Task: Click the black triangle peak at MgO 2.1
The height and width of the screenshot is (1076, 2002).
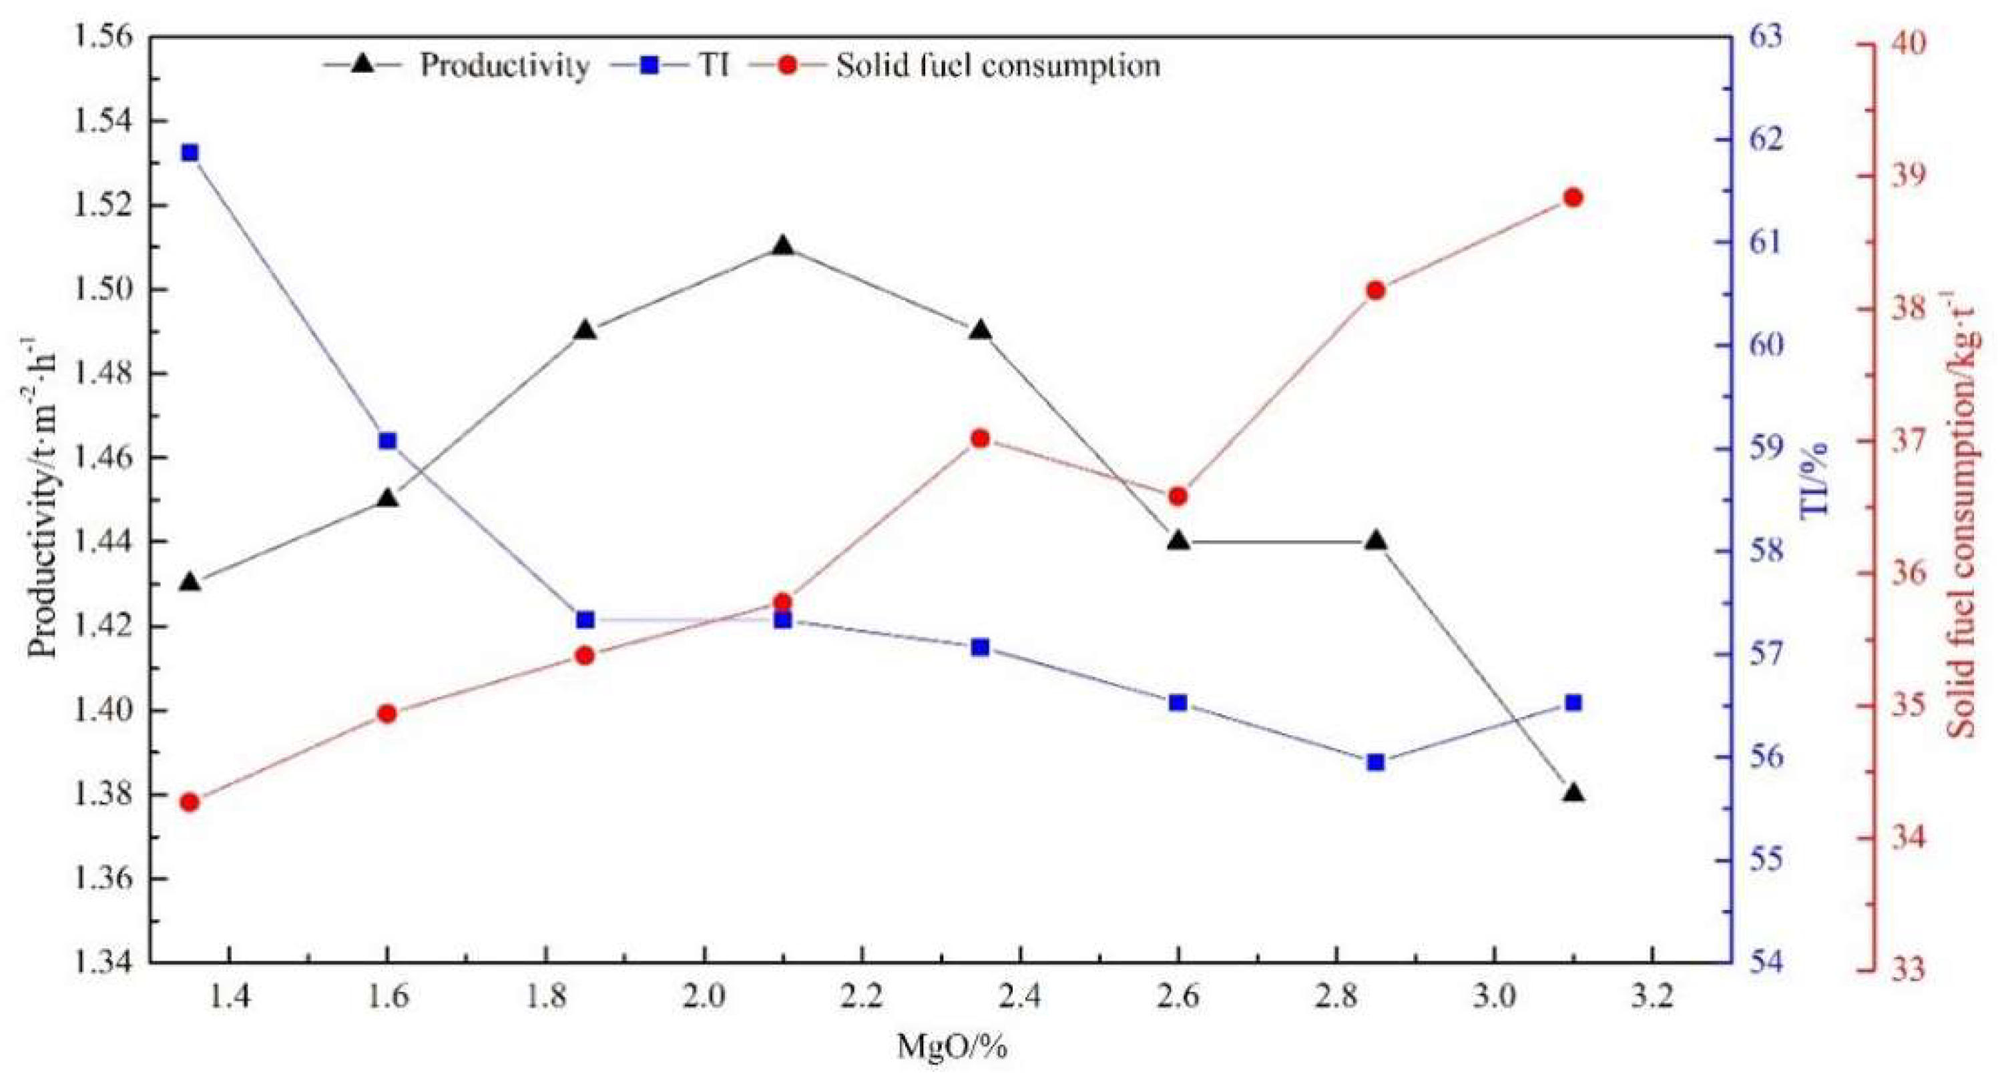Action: click(782, 246)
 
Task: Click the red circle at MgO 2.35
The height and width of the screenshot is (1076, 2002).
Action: click(981, 439)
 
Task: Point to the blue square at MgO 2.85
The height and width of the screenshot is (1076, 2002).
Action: click(1376, 762)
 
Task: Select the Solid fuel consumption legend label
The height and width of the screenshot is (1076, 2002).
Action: click(998, 66)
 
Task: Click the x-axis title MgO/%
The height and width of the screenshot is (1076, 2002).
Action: click(952, 1047)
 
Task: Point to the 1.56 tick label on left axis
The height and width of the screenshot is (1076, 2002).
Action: click(101, 37)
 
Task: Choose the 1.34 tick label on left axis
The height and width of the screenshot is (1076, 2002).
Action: click(101, 963)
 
